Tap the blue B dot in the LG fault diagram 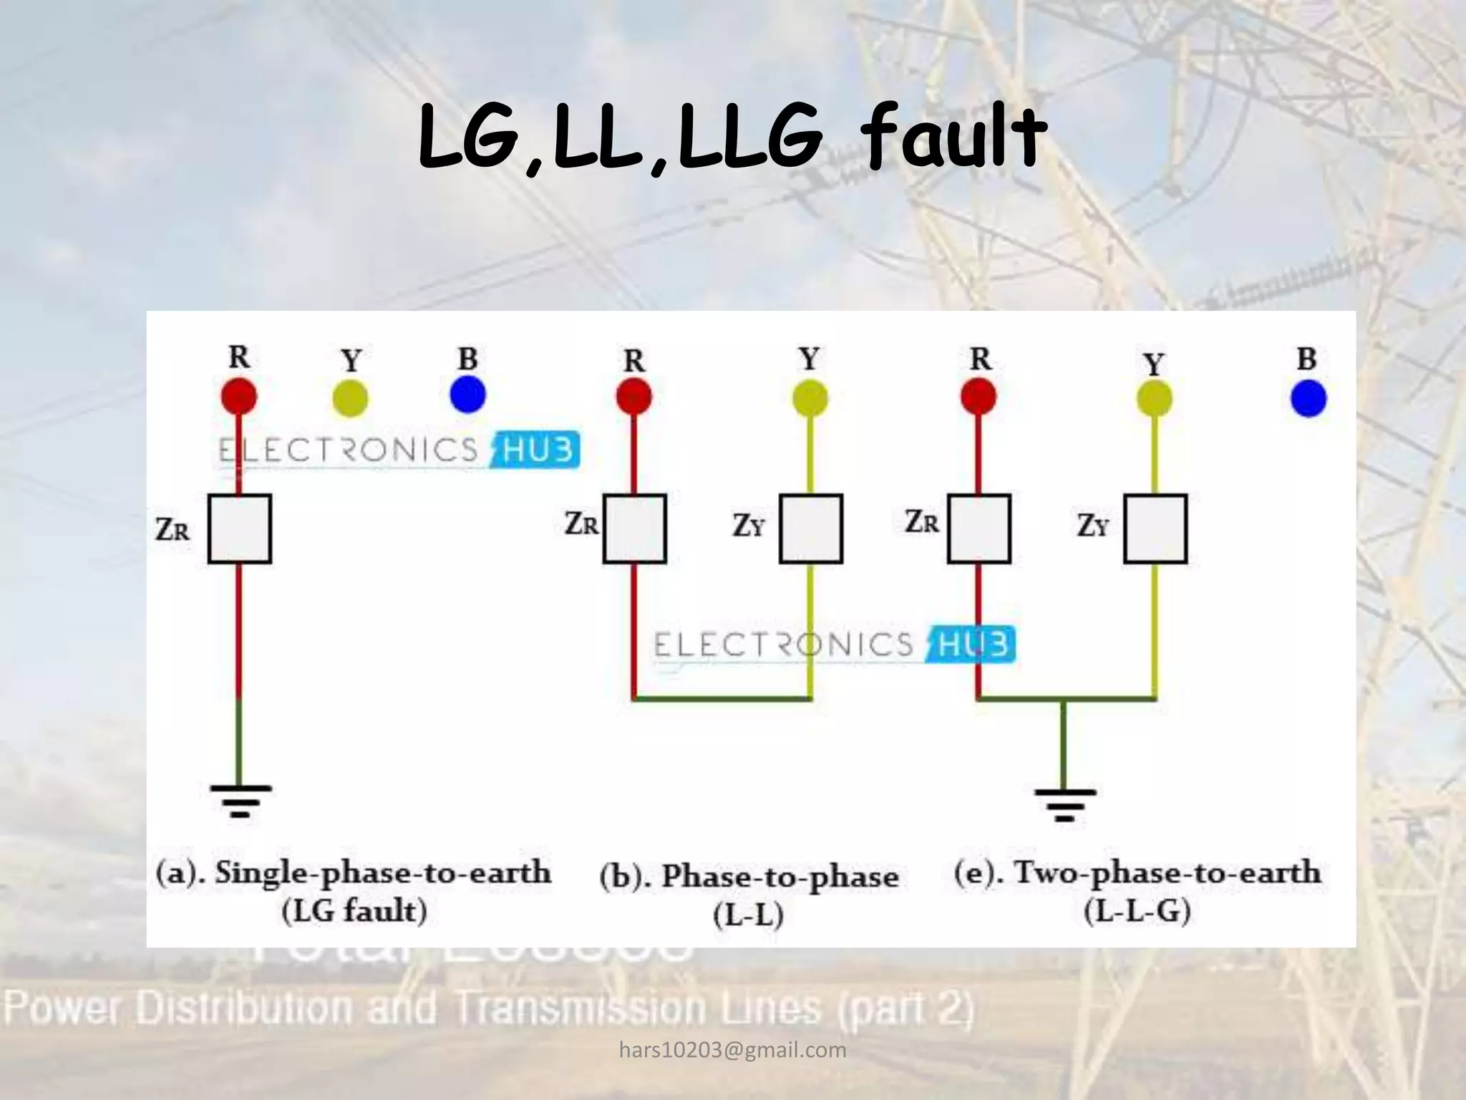coord(468,395)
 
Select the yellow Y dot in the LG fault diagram coord(351,398)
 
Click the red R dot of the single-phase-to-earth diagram coord(239,395)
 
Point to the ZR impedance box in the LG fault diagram coord(240,529)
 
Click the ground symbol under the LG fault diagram coord(241,801)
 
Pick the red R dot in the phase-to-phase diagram coord(634,397)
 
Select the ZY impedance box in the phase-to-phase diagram coord(811,529)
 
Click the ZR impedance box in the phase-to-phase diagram coord(635,529)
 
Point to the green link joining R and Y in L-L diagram coord(722,698)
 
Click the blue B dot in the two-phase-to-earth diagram coord(1309,398)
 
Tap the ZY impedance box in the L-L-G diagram coord(1155,529)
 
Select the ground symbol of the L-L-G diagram coord(1064,804)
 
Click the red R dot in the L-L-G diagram coord(979,397)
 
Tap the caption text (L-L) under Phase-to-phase coord(748,915)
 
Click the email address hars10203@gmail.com coord(732,1050)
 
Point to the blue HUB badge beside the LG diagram coord(537,450)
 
